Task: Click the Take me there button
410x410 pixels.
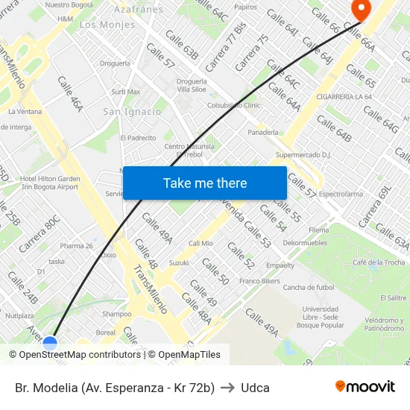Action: (205, 183)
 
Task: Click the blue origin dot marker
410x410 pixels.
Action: (50, 344)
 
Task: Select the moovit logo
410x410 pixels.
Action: (365, 387)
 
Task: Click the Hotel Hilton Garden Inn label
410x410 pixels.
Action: (49, 183)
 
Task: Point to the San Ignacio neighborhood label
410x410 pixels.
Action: (132, 112)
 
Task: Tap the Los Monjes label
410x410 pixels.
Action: (107, 25)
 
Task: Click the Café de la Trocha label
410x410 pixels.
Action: (379, 262)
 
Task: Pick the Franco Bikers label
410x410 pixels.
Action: (259, 281)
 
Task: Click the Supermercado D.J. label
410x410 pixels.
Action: (303, 155)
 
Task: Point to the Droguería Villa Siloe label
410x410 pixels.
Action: (192, 85)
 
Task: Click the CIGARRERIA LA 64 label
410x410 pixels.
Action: (344, 97)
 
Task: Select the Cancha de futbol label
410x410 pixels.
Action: (308, 288)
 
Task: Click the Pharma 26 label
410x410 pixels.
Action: (77, 246)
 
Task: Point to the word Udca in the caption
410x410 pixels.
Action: (255, 388)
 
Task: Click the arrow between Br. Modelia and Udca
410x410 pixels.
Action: (227, 388)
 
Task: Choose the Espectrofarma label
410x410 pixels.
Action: (341, 194)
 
